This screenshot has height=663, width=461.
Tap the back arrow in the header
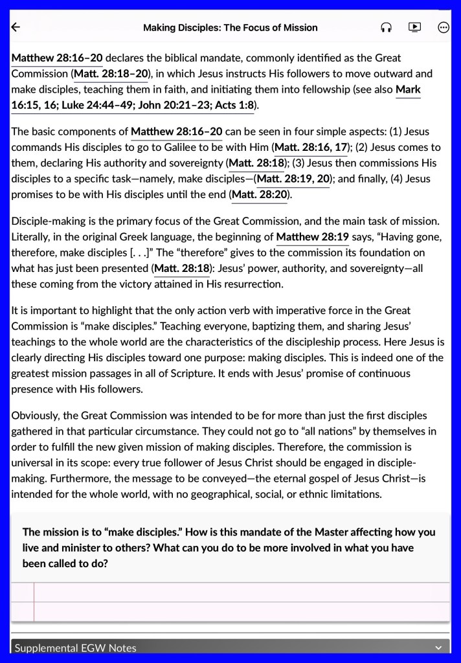tap(16, 27)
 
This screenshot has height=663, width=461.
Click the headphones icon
tap(387, 27)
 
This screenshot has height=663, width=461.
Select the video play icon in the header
tap(414, 27)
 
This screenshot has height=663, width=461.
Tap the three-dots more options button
tap(444, 27)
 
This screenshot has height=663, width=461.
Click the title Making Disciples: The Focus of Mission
tap(230, 28)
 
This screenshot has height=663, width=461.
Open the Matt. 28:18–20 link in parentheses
tap(111, 74)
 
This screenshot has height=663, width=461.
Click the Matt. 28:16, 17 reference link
tap(311, 148)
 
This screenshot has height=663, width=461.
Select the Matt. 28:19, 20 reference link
tap(293, 179)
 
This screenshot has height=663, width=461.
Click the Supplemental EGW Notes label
tap(76, 647)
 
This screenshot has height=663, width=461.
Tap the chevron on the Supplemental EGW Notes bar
tap(439, 647)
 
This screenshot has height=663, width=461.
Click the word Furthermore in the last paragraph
tap(65, 479)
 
